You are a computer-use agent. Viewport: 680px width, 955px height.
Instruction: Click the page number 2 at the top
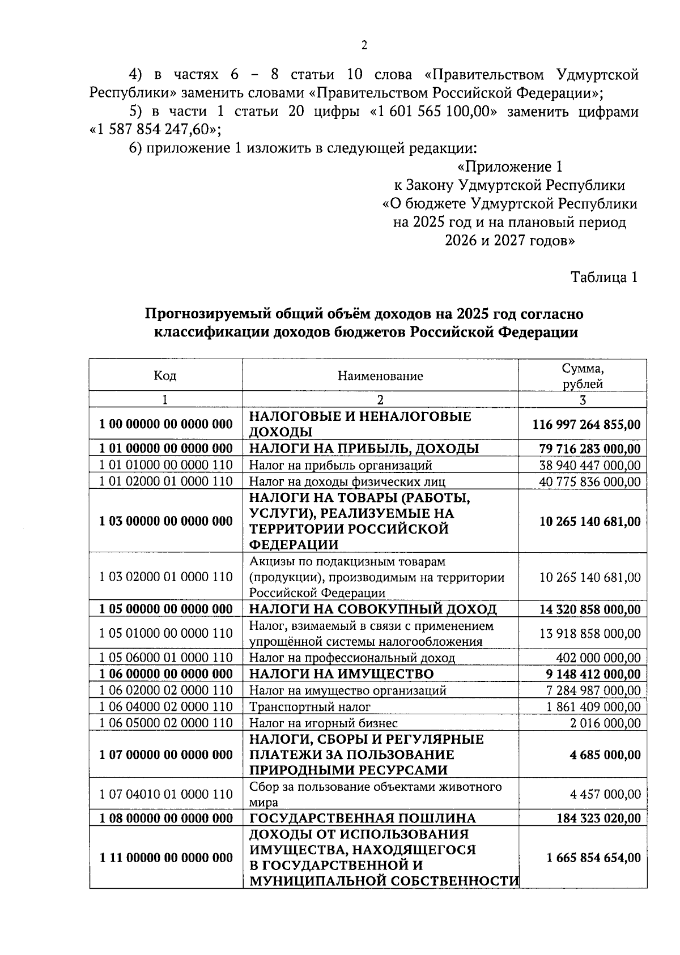(364, 46)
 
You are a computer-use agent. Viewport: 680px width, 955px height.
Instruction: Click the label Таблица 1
(604, 277)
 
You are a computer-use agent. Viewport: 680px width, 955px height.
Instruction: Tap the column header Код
(165, 376)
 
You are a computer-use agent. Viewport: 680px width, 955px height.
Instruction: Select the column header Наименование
(380, 376)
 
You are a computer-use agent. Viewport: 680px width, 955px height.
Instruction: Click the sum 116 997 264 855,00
(586, 424)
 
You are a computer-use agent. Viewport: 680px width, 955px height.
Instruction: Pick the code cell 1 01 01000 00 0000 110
(165, 465)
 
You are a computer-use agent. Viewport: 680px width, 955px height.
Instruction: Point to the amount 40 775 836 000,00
(590, 481)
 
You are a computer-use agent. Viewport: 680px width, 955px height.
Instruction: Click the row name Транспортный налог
(309, 707)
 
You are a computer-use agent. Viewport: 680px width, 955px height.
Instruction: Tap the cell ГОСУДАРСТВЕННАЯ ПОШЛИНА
(363, 818)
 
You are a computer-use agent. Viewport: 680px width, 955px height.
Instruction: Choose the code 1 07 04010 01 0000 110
(165, 794)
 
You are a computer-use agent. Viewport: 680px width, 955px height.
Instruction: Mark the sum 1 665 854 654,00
(593, 858)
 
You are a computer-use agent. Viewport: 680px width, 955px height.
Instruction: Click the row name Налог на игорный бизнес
(323, 723)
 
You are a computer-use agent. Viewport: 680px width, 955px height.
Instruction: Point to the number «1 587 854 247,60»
(155, 130)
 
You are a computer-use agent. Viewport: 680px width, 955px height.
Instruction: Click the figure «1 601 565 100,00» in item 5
(433, 112)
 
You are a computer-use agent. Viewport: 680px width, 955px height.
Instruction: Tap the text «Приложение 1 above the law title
(509, 167)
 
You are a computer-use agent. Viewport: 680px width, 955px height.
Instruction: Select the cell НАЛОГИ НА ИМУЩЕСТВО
(341, 674)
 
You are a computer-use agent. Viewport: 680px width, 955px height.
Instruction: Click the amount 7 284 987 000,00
(593, 690)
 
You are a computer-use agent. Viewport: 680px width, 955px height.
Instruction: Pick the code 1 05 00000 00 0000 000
(165, 609)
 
